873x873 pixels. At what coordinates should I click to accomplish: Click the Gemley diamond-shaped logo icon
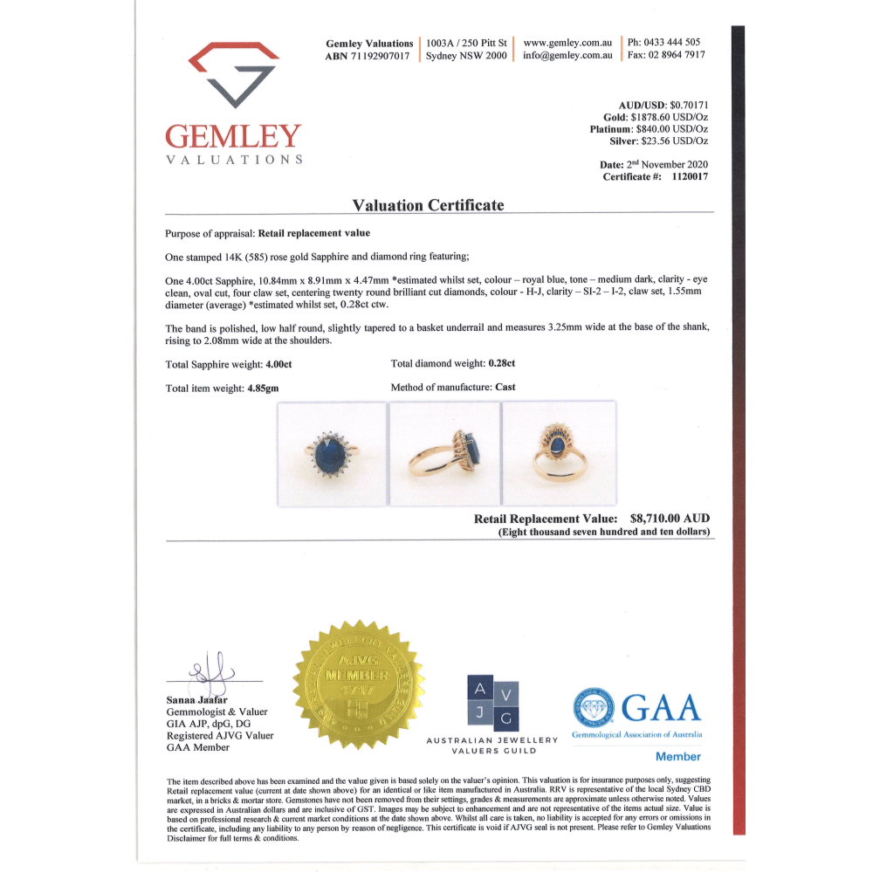tap(233, 75)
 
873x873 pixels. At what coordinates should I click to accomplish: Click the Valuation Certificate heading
tap(428, 205)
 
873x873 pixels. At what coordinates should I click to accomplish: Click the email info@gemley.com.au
tap(567, 56)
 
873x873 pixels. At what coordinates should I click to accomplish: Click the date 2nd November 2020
tap(668, 164)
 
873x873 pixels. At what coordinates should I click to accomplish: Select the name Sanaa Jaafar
tap(198, 699)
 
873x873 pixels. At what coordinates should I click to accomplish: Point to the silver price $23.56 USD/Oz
tap(674, 141)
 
